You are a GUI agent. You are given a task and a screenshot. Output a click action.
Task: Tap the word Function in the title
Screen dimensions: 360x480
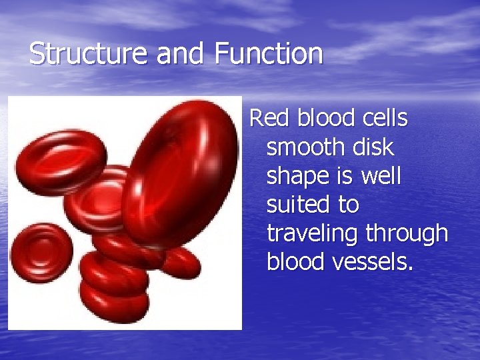click(269, 53)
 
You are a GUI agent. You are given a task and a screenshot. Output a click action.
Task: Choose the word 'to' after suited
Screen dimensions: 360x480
click(348, 205)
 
